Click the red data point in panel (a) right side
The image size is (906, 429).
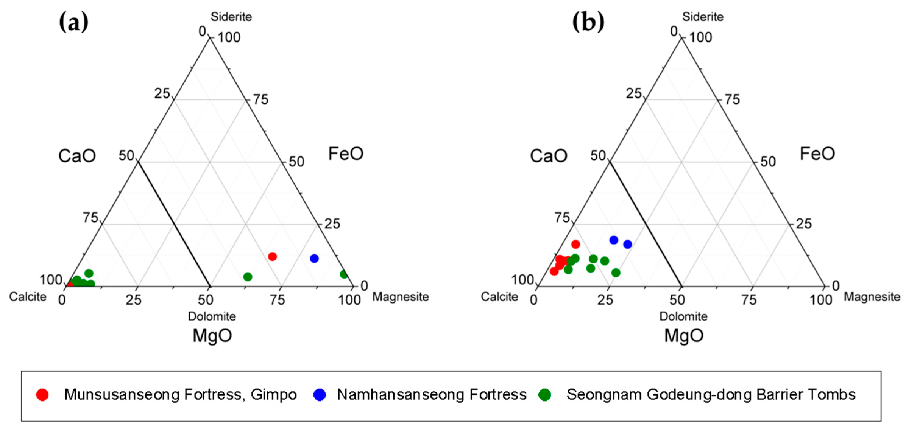tap(272, 256)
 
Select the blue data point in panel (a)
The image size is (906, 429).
tap(314, 259)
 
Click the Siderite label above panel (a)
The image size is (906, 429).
tap(231, 16)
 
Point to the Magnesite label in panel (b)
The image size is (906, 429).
tap(872, 297)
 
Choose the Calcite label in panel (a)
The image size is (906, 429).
tap(28, 297)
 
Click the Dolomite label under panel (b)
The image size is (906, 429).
tap(683, 316)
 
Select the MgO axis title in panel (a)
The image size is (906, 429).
tap(212, 336)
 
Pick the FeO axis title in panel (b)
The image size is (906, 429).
tap(817, 154)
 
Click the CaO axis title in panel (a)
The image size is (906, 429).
tap(77, 156)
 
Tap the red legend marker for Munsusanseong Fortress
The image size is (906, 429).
tap(42, 395)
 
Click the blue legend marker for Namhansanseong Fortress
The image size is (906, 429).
tap(320, 395)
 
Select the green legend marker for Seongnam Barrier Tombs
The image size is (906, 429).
tap(545, 395)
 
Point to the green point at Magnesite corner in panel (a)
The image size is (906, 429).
tap(344, 275)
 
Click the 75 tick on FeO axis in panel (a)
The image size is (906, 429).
tap(260, 100)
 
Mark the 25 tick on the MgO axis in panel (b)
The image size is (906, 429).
tap(605, 300)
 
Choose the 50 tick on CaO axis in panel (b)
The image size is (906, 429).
tap(598, 156)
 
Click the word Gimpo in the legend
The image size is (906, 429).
tap(274, 395)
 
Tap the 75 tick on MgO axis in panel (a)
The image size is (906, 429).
tap(277, 300)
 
